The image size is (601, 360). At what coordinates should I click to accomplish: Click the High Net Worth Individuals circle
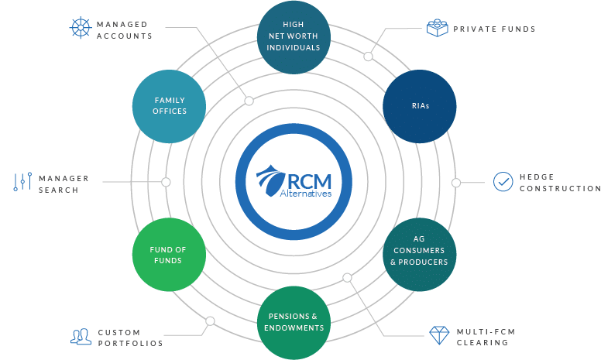pos(294,37)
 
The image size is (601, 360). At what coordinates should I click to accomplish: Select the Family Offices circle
pos(169,107)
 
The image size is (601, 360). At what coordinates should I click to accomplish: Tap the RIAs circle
pos(419,107)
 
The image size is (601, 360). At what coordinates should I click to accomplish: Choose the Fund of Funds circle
pos(169,255)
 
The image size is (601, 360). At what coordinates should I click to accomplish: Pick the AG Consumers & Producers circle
pos(419,255)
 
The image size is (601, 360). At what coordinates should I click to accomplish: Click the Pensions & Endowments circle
pos(294,323)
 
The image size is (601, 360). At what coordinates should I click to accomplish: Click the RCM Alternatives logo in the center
pos(294,181)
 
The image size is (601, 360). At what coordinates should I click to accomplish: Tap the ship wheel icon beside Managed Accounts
pos(81,28)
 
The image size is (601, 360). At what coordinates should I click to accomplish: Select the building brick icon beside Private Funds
pos(438,28)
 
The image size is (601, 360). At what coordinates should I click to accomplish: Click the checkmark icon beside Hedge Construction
pos(503,181)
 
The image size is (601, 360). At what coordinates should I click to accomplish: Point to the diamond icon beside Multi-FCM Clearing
pos(439,335)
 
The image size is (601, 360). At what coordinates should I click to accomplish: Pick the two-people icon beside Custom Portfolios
pos(81,337)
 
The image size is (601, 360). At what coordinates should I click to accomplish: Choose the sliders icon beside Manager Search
pos(22,181)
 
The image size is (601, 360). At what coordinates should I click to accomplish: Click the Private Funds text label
pos(494,29)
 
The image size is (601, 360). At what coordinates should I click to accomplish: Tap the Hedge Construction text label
pos(561,183)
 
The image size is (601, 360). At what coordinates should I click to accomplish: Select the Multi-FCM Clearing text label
pos(486,337)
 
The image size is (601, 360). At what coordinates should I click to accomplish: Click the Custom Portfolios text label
pos(130,338)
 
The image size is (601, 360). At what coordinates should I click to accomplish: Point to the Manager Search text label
pos(64,184)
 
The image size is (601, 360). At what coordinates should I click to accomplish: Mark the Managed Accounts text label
pos(124,30)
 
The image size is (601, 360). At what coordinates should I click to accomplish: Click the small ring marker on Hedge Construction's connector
pos(456,183)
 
